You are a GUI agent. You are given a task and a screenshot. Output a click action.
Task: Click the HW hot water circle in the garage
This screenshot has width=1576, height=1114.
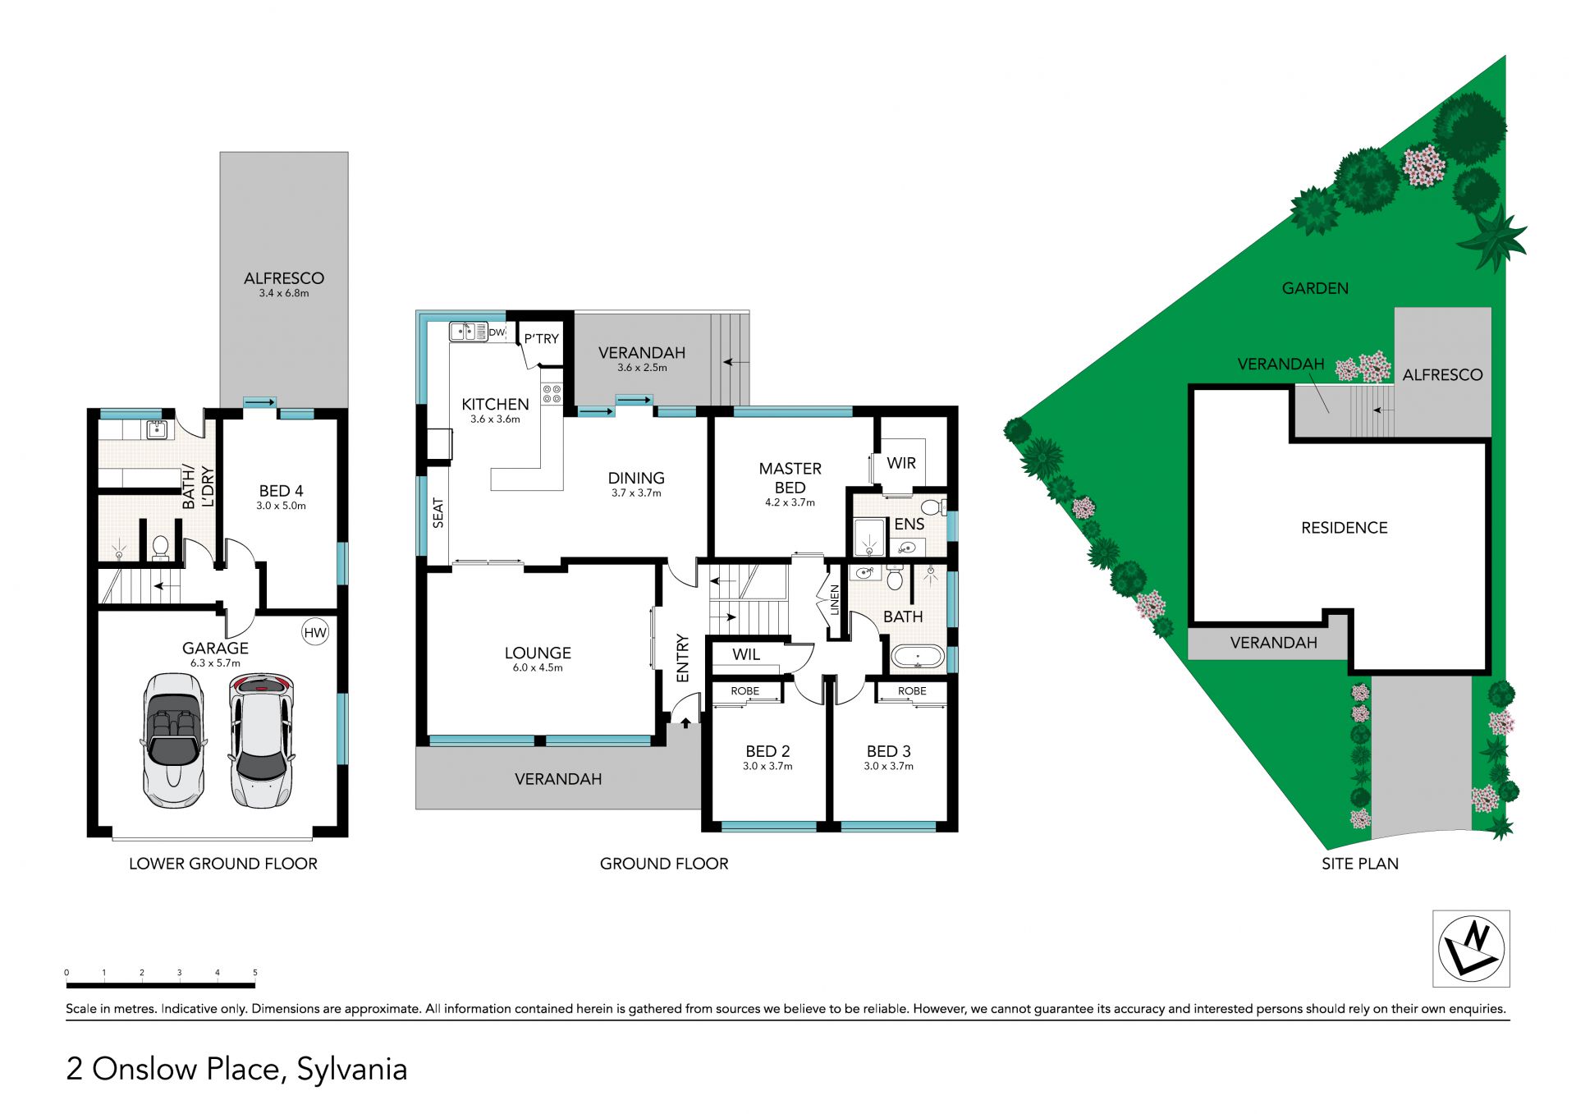pos(315,632)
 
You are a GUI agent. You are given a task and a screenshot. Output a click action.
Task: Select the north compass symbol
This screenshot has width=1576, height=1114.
pos(1471,948)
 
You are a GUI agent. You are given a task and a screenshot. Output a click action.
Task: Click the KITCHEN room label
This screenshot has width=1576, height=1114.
pos(495,404)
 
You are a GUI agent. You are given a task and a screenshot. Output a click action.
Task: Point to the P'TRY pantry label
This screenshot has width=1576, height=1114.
pos(542,338)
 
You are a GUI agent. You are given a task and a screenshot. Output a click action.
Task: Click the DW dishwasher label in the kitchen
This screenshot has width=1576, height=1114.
pos(497,332)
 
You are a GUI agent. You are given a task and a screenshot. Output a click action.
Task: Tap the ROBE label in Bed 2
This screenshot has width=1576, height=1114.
pos(745,691)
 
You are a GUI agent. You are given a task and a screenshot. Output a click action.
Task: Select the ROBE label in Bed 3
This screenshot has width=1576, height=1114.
pos(912,691)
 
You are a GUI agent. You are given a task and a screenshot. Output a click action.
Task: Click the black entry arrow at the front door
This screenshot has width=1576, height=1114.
pos(685,723)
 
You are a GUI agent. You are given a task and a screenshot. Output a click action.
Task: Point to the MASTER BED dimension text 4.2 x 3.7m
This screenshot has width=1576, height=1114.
pos(790,502)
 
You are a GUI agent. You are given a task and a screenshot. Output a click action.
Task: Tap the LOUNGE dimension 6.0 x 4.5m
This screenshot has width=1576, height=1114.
pos(538,667)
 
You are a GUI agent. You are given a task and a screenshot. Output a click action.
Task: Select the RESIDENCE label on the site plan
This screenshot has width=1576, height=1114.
pos(1345,528)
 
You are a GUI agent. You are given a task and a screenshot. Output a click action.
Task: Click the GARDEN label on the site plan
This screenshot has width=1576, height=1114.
pos(1315,288)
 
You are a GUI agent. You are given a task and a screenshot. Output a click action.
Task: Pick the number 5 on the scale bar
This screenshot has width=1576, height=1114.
pos(255,973)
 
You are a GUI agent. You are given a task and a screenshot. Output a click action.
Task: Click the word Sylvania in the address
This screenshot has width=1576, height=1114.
pos(352,1070)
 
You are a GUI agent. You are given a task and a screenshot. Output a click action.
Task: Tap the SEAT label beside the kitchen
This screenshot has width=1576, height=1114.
pos(438,513)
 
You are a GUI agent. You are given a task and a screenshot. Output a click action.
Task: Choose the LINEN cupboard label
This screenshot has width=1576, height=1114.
pos(835,600)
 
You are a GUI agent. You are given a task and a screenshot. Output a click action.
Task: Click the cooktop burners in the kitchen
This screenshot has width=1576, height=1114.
pos(552,394)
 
